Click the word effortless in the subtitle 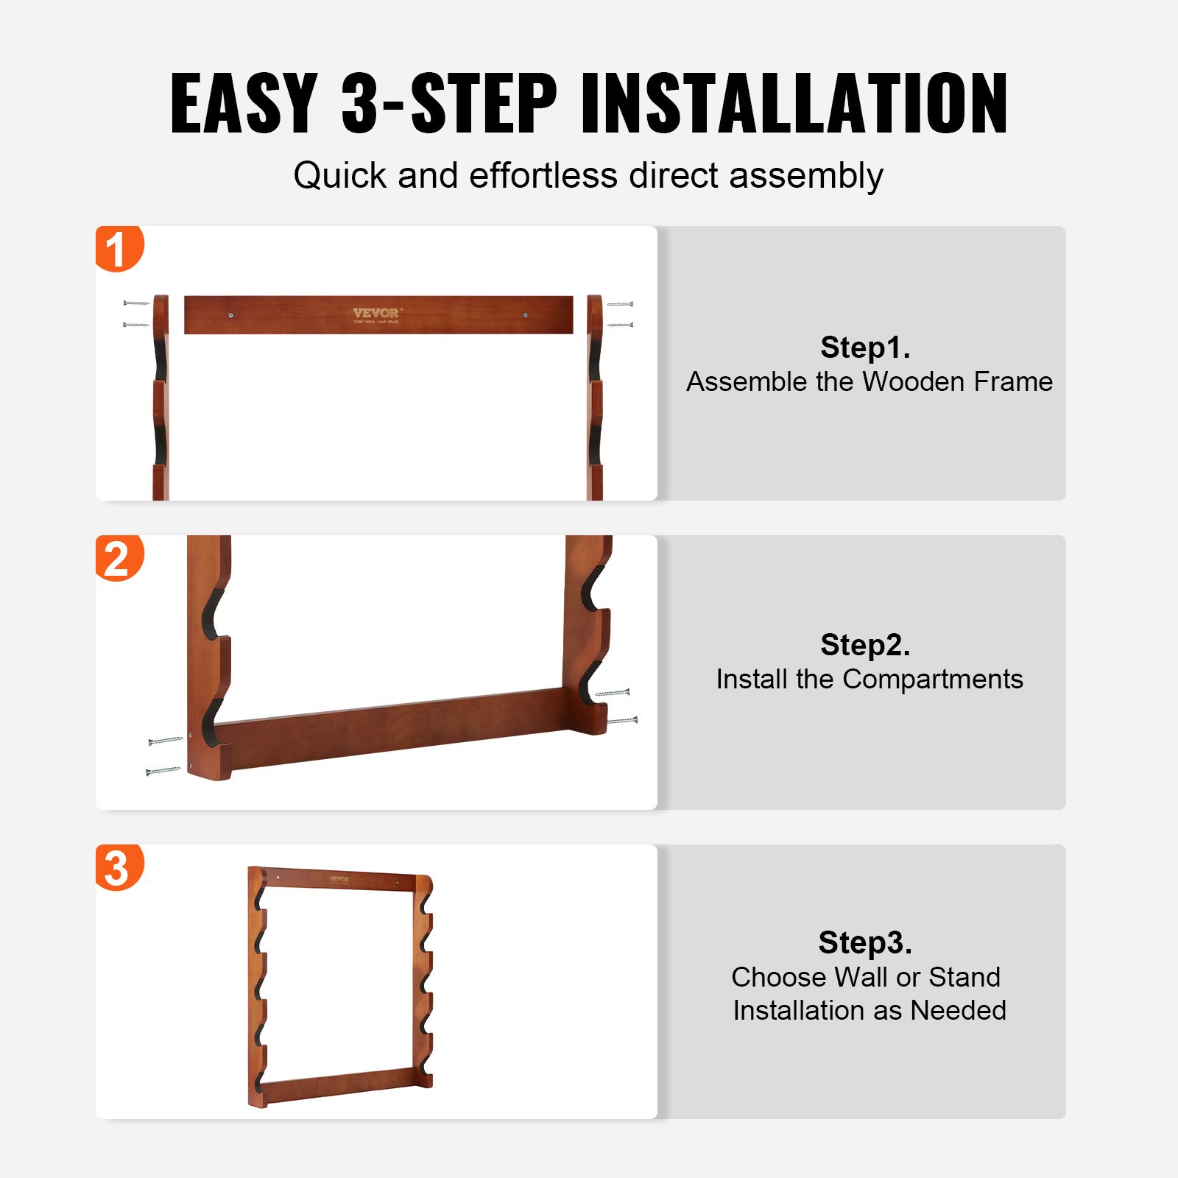click(x=543, y=176)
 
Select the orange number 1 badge click(x=118, y=249)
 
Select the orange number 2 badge click(x=118, y=558)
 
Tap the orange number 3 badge click(x=118, y=867)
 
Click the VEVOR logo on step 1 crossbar click(x=375, y=314)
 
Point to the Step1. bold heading click(x=865, y=348)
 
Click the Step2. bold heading click(x=865, y=645)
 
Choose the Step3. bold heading click(x=865, y=942)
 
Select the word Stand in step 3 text click(x=964, y=977)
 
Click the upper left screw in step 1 click(x=136, y=303)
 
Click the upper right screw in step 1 click(x=620, y=303)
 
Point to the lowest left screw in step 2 click(x=163, y=771)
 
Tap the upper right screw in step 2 click(x=613, y=693)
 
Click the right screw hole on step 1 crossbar click(x=525, y=315)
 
